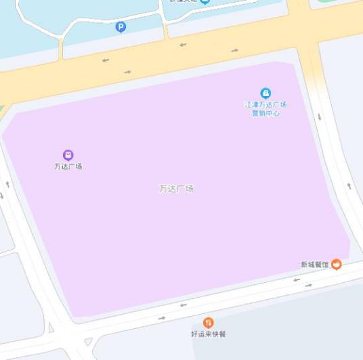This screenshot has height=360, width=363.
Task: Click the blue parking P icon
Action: [x=121, y=27]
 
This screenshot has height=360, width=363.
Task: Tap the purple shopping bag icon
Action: [x=68, y=155]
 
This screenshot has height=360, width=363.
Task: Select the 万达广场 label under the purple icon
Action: [x=68, y=166]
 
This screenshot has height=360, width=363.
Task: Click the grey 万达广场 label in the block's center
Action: [x=176, y=189]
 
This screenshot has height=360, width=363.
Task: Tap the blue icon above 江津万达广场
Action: [x=265, y=93]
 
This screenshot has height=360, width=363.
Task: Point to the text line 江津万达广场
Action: [x=265, y=105]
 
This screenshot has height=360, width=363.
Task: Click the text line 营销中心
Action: [x=265, y=113]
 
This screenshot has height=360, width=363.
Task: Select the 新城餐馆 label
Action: [x=315, y=265]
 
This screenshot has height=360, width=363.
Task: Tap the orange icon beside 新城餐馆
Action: [x=336, y=264]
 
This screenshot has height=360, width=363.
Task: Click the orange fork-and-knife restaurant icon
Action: [x=208, y=323]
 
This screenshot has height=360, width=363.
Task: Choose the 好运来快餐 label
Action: [x=208, y=334]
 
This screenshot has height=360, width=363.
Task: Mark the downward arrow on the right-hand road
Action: [x=319, y=116]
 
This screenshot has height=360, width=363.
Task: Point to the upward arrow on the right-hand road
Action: [x=349, y=185]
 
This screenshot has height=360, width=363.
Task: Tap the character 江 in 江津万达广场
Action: [x=248, y=105]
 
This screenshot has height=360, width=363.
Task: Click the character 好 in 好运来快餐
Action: [x=194, y=334]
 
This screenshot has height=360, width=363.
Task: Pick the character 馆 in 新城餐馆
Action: [x=326, y=265]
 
